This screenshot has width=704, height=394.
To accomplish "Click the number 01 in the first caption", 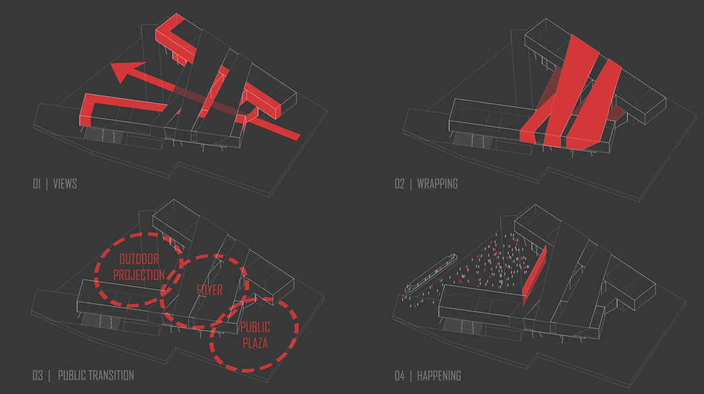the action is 37,184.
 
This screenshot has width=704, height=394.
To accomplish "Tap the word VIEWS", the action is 65,184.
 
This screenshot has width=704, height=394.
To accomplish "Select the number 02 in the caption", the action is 400,184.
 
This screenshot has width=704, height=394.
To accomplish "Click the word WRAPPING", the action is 438,184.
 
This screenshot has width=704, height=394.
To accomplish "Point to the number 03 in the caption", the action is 38,375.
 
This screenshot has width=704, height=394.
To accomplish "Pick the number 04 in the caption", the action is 400,376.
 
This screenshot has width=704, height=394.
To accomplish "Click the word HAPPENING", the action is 439,376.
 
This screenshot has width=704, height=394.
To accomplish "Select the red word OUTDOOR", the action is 139,260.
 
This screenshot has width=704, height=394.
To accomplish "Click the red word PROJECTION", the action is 139,275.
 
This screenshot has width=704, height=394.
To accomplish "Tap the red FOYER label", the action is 209,290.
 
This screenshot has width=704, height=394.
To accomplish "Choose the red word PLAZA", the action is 255,343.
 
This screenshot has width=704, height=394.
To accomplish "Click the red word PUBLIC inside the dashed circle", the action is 255,327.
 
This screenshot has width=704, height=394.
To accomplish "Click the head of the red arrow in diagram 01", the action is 126,72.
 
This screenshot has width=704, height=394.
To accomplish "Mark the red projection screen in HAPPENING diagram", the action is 534,273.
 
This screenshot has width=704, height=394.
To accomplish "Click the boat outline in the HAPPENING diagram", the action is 431,274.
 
